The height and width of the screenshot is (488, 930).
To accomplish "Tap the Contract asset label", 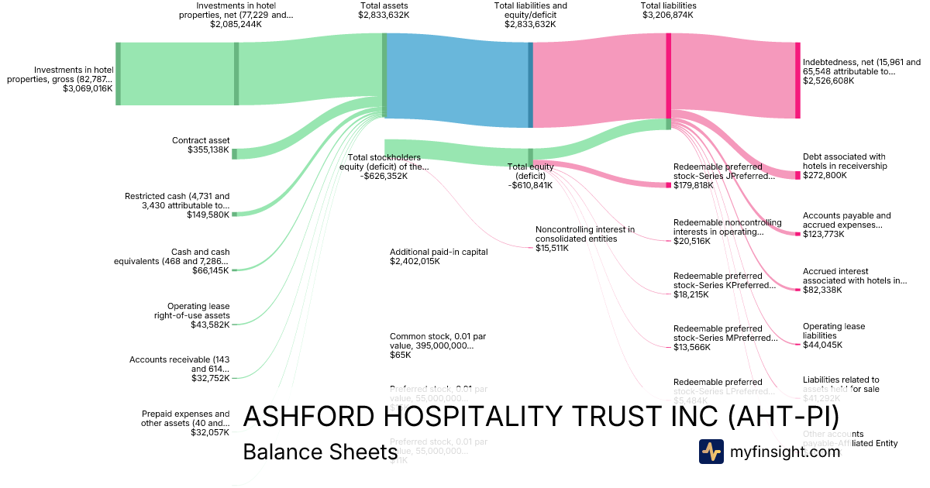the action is pyautogui.click(x=201, y=140).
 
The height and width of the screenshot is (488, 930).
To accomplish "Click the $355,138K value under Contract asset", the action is pyautogui.click(x=208, y=150).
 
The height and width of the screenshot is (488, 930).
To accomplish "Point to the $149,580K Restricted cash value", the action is pyautogui.click(x=208, y=215).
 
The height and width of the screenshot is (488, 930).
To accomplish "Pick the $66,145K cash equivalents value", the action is pyautogui.click(x=211, y=270).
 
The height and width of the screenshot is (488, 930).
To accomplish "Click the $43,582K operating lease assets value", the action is pyautogui.click(x=210, y=325).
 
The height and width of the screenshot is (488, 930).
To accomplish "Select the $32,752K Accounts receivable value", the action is pyautogui.click(x=210, y=378).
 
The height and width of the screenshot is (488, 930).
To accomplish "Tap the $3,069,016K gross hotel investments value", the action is pyautogui.click(x=88, y=89).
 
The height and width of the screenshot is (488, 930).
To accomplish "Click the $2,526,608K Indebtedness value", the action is pyautogui.click(x=828, y=81).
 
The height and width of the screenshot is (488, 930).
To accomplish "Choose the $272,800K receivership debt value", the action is pyautogui.click(x=825, y=175).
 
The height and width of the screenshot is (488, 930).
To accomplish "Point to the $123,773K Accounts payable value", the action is pyautogui.click(x=825, y=234).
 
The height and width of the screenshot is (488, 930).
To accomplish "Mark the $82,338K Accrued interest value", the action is pyautogui.click(x=823, y=290).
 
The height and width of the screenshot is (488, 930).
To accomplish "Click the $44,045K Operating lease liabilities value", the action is pyautogui.click(x=822, y=345).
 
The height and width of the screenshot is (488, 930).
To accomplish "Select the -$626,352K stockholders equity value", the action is pyautogui.click(x=384, y=176).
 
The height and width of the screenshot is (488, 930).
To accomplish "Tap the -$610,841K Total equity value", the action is pyautogui.click(x=530, y=185).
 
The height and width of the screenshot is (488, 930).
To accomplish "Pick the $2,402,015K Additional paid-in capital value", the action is pyautogui.click(x=415, y=262).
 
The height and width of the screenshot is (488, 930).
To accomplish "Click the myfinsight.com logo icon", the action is pyautogui.click(x=711, y=452).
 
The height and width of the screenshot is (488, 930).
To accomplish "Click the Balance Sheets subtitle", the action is pyautogui.click(x=320, y=452).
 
